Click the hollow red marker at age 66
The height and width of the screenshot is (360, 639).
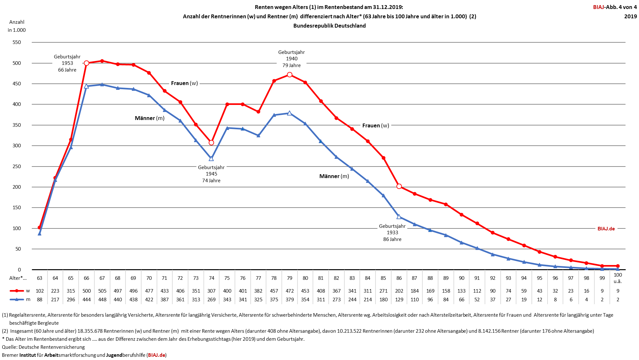tap(86, 63)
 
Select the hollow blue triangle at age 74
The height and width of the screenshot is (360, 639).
tap(211, 159)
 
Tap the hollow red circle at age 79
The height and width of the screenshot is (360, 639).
tap(289, 75)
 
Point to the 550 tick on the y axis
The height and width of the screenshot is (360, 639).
tap(17, 42)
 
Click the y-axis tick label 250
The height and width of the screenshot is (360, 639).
tap(17, 166)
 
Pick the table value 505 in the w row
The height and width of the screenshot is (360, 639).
tap(102, 291)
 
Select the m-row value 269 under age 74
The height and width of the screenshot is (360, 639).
tap(212, 300)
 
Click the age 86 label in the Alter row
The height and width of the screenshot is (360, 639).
tap(399, 278)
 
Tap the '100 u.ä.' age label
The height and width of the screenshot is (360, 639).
tap(617, 278)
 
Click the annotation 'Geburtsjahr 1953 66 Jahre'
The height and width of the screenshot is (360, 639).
tap(67, 63)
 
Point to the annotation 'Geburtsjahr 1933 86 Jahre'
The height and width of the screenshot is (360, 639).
tap(392, 233)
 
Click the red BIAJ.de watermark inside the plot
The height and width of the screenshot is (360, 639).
tap(606, 229)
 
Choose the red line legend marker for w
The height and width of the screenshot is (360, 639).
tap(17, 291)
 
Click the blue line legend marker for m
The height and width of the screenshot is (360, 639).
tap(17, 300)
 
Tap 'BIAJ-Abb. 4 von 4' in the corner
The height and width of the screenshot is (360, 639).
tap(615, 7)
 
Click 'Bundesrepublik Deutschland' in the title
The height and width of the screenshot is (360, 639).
tap(329, 26)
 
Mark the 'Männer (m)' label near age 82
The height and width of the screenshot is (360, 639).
tap(334, 176)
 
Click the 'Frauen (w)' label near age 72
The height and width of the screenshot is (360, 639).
tap(184, 83)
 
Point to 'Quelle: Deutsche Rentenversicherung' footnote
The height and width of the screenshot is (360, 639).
tap(43, 347)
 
